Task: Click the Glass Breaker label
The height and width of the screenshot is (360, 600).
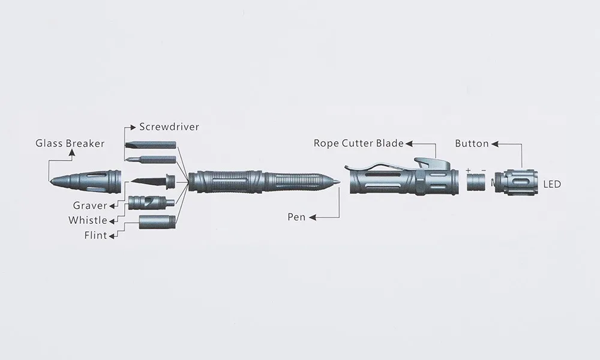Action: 70,143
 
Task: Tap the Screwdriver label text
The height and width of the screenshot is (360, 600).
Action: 169,127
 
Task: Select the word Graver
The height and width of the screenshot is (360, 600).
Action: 90,206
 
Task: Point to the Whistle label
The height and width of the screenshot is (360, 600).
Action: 88,220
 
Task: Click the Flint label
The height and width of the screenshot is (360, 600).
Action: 95,235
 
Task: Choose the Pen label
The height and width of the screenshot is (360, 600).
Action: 296,217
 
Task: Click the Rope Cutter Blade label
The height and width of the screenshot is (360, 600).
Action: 358,143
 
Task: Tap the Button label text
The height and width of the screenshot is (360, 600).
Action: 472,143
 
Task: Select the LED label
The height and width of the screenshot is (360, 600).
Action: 551,184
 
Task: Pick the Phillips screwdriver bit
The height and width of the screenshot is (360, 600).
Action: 152,160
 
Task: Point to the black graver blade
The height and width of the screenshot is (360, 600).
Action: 148,180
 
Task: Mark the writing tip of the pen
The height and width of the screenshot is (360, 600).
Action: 338,179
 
